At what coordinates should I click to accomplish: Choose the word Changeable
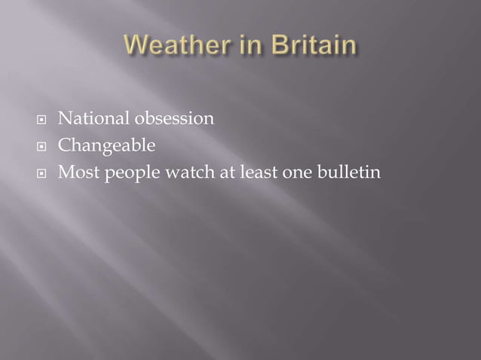pyautogui.click(x=106, y=146)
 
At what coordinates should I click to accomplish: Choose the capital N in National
pyautogui.click(x=66, y=119)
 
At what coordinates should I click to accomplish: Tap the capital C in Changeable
pyautogui.click(x=65, y=146)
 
